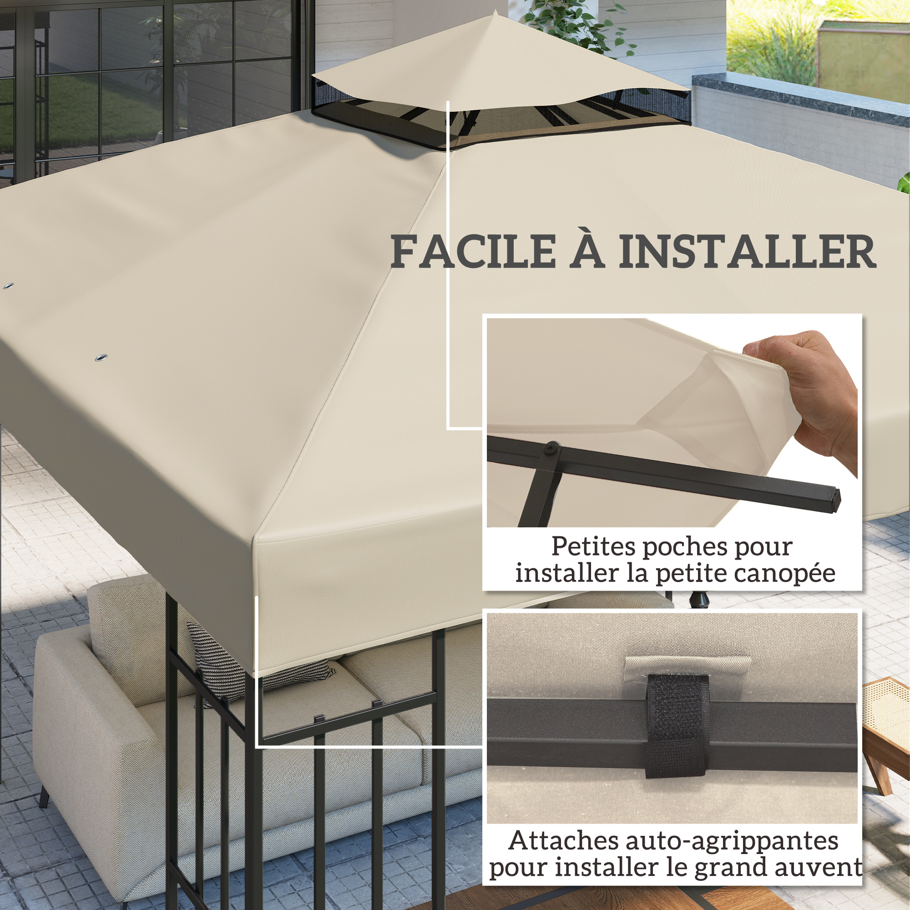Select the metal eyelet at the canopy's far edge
[8, 286]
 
